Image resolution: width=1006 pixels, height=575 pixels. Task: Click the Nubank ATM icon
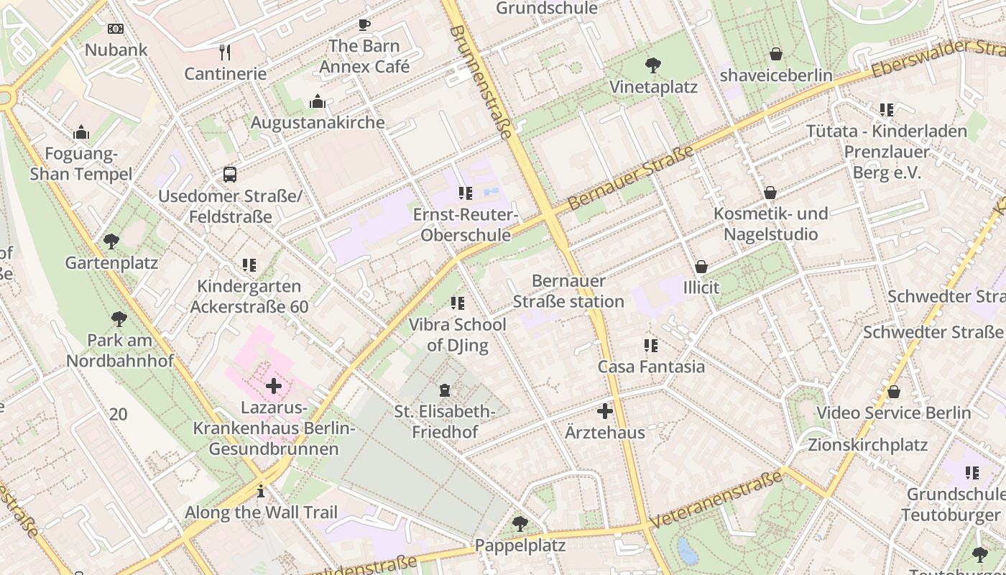[115, 29]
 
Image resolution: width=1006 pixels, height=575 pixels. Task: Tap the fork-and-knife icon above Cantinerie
[225, 52]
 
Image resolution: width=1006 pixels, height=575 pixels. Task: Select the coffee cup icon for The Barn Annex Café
[364, 25]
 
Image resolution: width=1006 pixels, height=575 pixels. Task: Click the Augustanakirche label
[318, 123]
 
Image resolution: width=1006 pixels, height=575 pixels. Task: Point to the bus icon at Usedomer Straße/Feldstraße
[229, 175]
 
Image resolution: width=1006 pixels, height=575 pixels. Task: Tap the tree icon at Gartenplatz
[111, 241]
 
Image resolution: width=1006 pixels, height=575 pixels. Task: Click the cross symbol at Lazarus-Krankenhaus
[274, 387]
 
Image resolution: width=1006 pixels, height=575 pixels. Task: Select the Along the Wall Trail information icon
[261, 492]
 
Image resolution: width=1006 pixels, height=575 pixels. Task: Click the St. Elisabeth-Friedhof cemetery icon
[445, 391]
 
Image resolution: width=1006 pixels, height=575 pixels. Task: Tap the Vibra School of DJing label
[457, 335]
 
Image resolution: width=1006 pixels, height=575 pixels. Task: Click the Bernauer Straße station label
[568, 291]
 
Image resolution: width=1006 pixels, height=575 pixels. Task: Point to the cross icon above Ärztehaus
[605, 412]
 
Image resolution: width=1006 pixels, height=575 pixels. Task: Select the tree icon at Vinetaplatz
[653, 66]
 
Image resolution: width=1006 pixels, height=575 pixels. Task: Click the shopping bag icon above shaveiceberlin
[776, 54]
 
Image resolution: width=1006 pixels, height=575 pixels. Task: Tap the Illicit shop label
[701, 287]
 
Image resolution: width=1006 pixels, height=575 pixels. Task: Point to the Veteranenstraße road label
[716, 500]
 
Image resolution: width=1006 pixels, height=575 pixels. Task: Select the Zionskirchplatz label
[867, 445]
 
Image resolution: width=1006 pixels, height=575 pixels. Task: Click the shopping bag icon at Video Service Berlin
[893, 392]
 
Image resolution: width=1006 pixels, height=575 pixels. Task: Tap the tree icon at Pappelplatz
[520, 524]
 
